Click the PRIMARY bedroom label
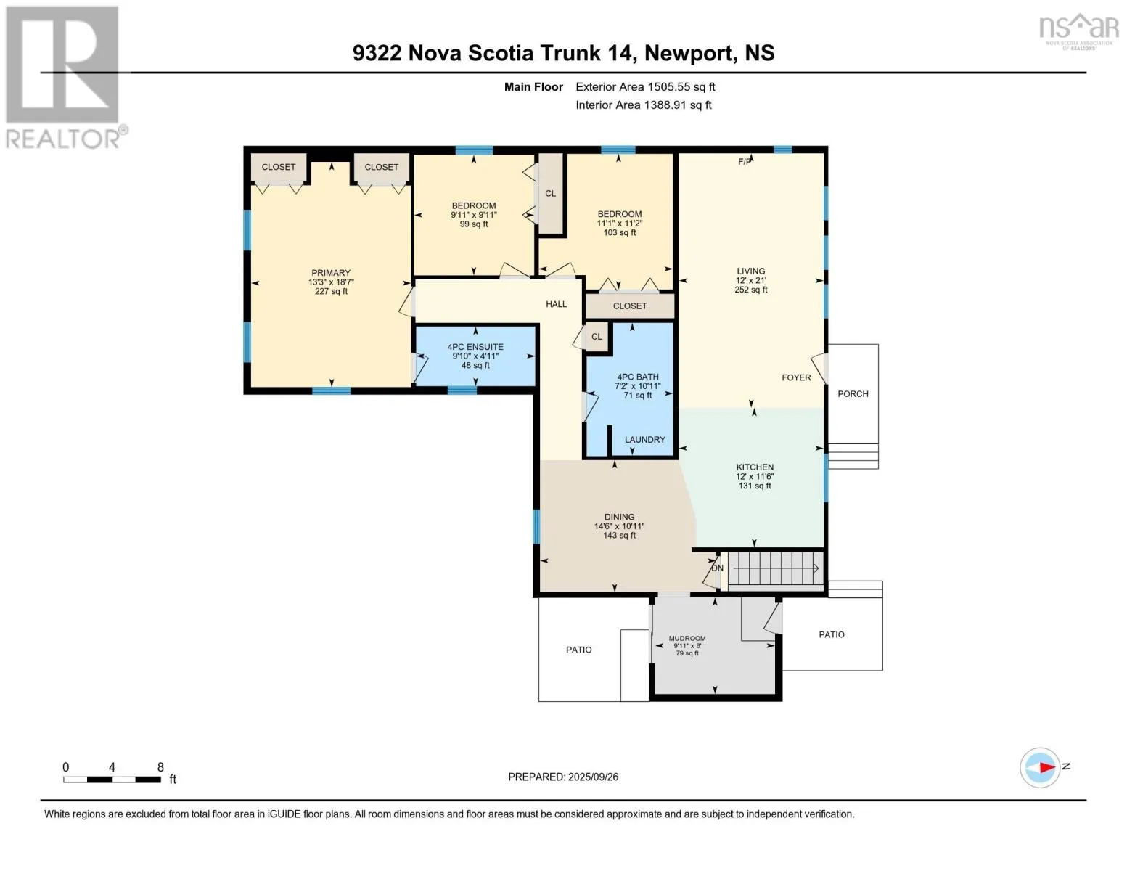(331, 273)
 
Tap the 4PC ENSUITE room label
(475, 347)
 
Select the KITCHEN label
(755, 467)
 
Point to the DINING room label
(619, 518)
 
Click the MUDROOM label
(687, 639)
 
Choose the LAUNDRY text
(644, 440)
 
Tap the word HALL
(556, 305)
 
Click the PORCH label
(853, 394)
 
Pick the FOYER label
(796, 378)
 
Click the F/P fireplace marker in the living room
(745, 162)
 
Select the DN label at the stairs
(717, 568)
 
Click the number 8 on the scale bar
(160, 767)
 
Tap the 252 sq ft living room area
(751, 290)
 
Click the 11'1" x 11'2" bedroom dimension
(620, 224)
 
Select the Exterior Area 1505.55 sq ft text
(645, 87)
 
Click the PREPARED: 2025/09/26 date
(563, 777)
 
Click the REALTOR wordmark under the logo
(63, 139)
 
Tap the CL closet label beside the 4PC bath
(597, 338)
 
